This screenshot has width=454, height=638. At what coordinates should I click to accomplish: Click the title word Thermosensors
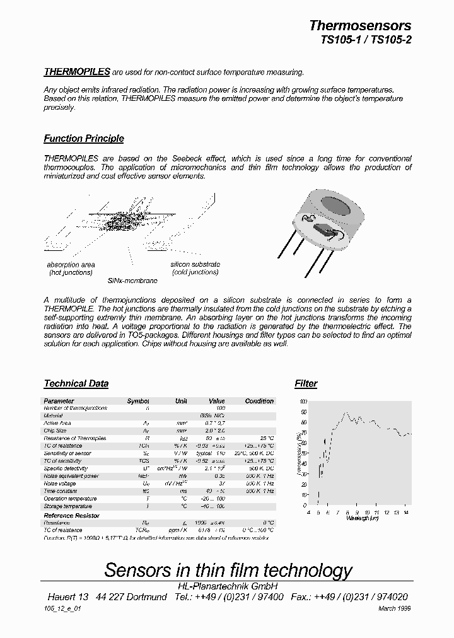[359, 26]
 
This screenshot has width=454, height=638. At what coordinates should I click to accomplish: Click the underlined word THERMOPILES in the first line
[77, 72]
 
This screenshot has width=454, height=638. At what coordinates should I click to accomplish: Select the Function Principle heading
[84, 139]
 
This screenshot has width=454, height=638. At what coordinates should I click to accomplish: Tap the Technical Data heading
[76, 383]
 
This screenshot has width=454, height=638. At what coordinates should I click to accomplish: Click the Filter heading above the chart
[306, 383]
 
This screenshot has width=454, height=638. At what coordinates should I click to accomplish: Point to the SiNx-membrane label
[132, 281]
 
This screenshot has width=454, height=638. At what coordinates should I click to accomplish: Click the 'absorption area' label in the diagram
[71, 265]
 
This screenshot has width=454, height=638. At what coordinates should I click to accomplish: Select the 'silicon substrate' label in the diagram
[195, 264]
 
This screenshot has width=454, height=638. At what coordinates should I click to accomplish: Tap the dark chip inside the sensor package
[324, 231]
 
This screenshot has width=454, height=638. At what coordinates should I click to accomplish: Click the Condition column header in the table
[259, 401]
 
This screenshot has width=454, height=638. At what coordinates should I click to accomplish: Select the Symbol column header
[138, 401]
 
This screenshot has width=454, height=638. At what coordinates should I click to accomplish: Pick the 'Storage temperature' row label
[68, 506]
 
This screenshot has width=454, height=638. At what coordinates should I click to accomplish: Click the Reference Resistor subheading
[71, 516]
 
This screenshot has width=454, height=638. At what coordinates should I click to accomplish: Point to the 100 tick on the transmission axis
[303, 402]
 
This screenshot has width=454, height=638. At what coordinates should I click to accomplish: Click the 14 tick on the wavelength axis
[405, 513]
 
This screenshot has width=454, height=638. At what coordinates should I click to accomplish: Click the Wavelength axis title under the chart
[363, 518]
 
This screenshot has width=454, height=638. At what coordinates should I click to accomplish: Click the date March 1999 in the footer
[395, 608]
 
